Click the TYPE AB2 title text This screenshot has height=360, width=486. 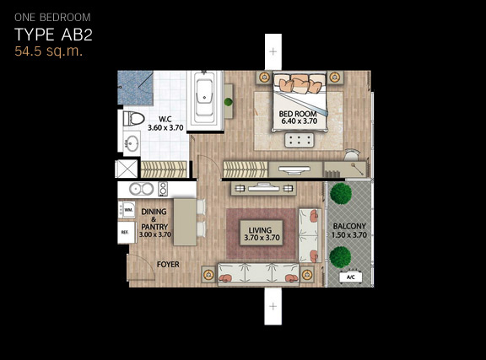coord(54,35)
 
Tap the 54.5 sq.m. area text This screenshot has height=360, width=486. coord(49,51)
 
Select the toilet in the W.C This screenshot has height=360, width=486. coord(133,119)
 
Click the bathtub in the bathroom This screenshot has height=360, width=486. coord(204,99)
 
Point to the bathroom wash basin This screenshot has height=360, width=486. coord(132,142)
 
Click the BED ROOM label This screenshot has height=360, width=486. coord(298,114)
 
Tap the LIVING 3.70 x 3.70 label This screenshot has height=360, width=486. coord(262,234)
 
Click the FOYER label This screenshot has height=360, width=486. coord(168,265)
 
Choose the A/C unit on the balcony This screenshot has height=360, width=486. coord(351,277)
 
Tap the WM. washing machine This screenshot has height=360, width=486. coord(127,210)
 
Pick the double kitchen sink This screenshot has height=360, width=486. coord(142,189)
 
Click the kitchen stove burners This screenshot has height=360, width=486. coord(163,189)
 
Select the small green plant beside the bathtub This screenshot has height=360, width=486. coord(229,102)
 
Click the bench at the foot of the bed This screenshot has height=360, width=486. coord(299,139)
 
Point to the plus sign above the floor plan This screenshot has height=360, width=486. coord(273,51)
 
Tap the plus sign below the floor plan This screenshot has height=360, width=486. coord(273,306)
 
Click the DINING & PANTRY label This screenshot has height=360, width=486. coord(154,223)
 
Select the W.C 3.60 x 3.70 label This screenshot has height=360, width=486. coord(165,124)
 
